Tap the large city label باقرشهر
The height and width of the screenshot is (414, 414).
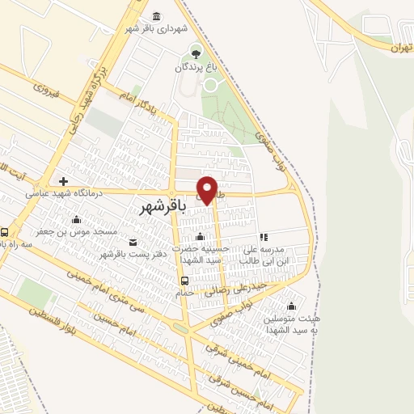[x=163, y=207]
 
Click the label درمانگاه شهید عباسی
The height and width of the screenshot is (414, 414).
[x=55, y=193]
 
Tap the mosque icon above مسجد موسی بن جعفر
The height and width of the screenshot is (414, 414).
[x=76, y=219]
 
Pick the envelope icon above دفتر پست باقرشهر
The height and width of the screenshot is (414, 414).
[x=133, y=242]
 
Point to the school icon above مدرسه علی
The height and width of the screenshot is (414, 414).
[x=264, y=236]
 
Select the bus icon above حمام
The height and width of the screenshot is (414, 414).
[x=185, y=281]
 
